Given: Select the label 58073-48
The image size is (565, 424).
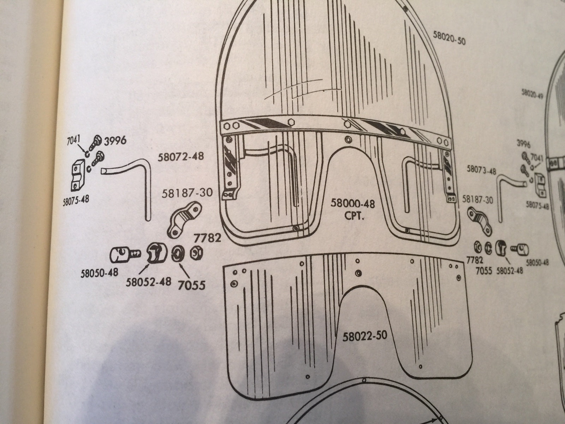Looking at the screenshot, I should coord(481,170).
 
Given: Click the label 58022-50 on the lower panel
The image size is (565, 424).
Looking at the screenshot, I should coord(365,335).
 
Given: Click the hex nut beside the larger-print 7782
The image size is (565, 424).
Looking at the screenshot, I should coord(194,253).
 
